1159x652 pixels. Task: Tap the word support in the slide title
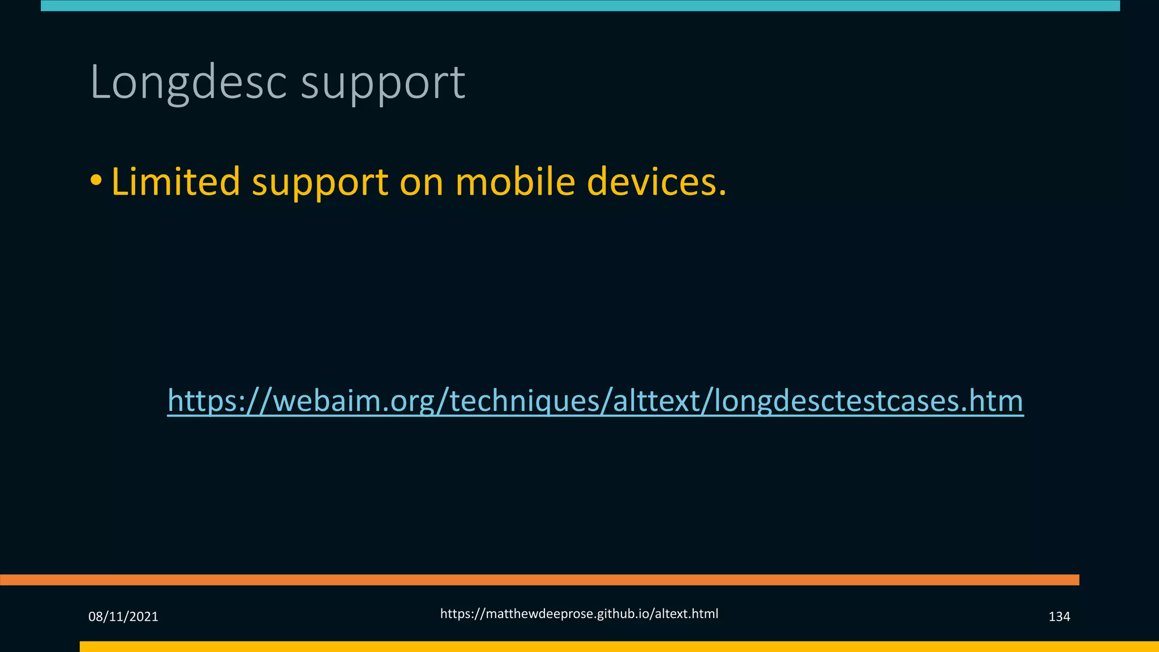coord(383,83)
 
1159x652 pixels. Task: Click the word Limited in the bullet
coord(176,182)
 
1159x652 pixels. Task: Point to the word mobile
coord(515,182)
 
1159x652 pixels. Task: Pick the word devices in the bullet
coord(656,182)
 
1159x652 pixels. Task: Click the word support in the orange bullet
coord(320,183)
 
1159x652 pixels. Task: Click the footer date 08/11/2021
coord(123,616)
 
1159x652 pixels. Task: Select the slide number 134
coord(1059,616)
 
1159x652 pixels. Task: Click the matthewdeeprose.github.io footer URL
coord(579,614)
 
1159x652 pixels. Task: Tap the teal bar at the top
coord(580,6)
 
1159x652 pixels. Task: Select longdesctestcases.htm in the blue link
coord(869,401)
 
